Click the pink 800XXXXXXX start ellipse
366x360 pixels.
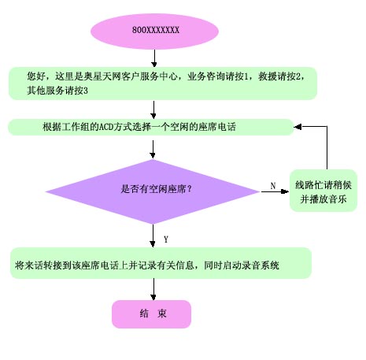pyautogui.click(x=154, y=31)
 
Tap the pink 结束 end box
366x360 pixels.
pyautogui.click(x=151, y=314)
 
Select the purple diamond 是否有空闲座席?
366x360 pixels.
pyautogui.click(x=153, y=191)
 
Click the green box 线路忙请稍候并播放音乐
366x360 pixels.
pyautogui.click(x=323, y=191)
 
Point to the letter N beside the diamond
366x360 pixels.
pyautogui.click(x=273, y=186)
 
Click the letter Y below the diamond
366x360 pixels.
pyautogui.click(x=166, y=239)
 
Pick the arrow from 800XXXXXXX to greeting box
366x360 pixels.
pyautogui.click(x=154, y=58)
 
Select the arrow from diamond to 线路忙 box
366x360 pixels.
pyautogui.click(x=275, y=191)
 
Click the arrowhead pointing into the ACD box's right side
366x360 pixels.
pyautogui.click(x=298, y=127)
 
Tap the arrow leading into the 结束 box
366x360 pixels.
pyautogui.click(x=153, y=289)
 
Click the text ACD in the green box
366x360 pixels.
pyautogui.click(x=106, y=127)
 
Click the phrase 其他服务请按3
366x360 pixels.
pyautogui.click(x=57, y=91)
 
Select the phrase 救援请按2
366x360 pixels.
pyautogui.click(x=280, y=76)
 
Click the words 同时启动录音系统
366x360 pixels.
pyautogui.click(x=242, y=265)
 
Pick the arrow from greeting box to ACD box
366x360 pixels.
pyautogui.click(x=153, y=109)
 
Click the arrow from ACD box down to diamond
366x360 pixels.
pyautogui.click(x=153, y=149)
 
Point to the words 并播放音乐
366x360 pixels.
pyautogui.click(x=323, y=199)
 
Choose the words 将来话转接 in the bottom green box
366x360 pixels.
pyautogui.click(x=39, y=265)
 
